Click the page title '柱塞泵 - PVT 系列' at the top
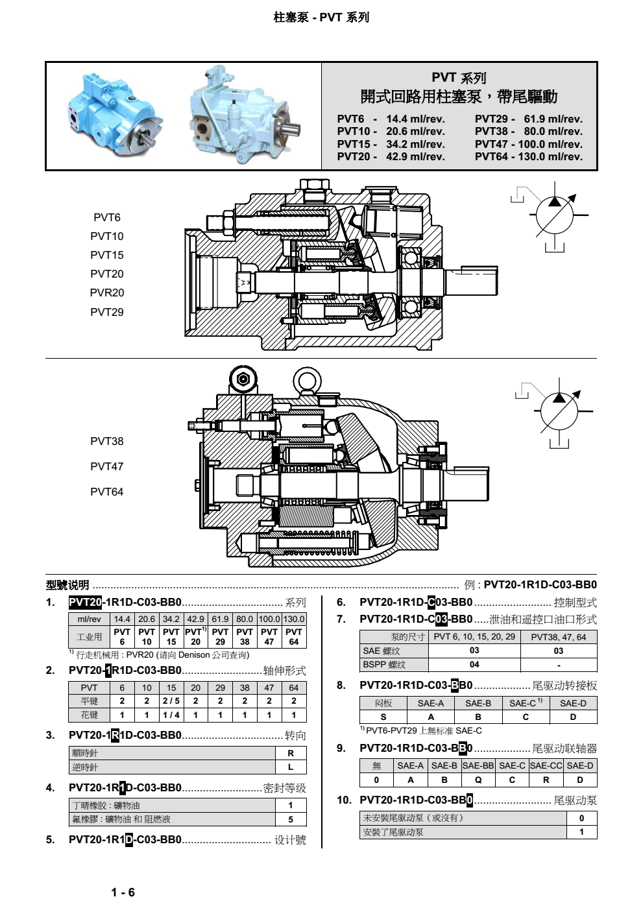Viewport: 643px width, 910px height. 321,18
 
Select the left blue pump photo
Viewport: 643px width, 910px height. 115,114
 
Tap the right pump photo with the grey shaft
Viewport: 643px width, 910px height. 244,115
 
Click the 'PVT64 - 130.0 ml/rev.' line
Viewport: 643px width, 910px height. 528,156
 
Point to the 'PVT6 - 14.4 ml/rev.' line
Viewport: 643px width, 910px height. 391,119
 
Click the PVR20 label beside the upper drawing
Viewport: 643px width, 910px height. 107,293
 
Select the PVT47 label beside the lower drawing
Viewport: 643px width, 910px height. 106,466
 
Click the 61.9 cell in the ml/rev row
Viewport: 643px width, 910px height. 220,619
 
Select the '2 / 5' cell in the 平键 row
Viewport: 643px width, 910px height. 171,700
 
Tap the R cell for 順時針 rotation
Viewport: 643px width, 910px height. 291,753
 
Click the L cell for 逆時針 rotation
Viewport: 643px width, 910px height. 291,767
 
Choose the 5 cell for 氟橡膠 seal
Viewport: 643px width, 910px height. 291,819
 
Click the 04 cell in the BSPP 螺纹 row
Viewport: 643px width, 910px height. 474,664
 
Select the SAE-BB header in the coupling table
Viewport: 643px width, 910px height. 478,765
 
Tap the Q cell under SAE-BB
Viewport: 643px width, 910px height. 478,780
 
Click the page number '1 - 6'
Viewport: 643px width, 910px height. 123,892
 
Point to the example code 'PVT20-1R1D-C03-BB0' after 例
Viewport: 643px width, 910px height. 540,584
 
